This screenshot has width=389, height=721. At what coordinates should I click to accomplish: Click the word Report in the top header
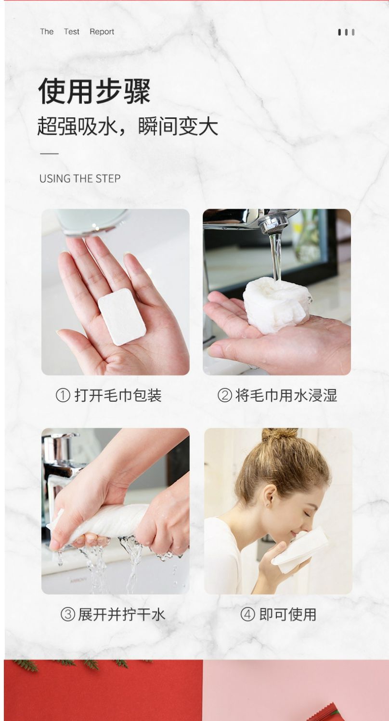pyautogui.click(x=102, y=32)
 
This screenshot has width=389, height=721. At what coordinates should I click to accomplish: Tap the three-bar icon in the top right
pyautogui.click(x=346, y=32)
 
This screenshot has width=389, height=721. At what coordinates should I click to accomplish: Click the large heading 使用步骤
pyautogui.click(x=94, y=91)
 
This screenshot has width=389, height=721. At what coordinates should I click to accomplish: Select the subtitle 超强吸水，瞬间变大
pyautogui.click(x=128, y=126)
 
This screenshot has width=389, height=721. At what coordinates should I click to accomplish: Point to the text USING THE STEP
pyautogui.click(x=80, y=178)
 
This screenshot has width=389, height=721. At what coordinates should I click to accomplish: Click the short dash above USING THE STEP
pyautogui.click(x=49, y=154)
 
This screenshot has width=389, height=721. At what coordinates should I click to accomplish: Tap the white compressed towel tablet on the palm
pyautogui.click(x=122, y=316)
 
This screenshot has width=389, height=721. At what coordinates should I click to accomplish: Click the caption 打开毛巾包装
pyautogui.click(x=118, y=395)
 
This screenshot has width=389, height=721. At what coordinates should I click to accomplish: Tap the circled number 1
pyautogui.click(x=63, y=395)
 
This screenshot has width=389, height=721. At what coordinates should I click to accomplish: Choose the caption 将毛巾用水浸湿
pyautogui.click(x=286, y=395)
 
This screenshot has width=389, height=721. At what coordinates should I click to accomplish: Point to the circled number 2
pyautogui.click(x=225, y=395)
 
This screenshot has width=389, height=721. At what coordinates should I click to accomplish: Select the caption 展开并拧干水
pyautogui.click(x=121, y=614)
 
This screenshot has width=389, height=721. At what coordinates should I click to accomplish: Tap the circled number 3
pyautogui.click(x=68, y=614)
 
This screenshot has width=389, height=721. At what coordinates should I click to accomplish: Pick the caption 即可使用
pyautogui.click(x=288, y=614)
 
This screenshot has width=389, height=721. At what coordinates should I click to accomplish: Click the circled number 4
pyautogui.click(x=247, y=614)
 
